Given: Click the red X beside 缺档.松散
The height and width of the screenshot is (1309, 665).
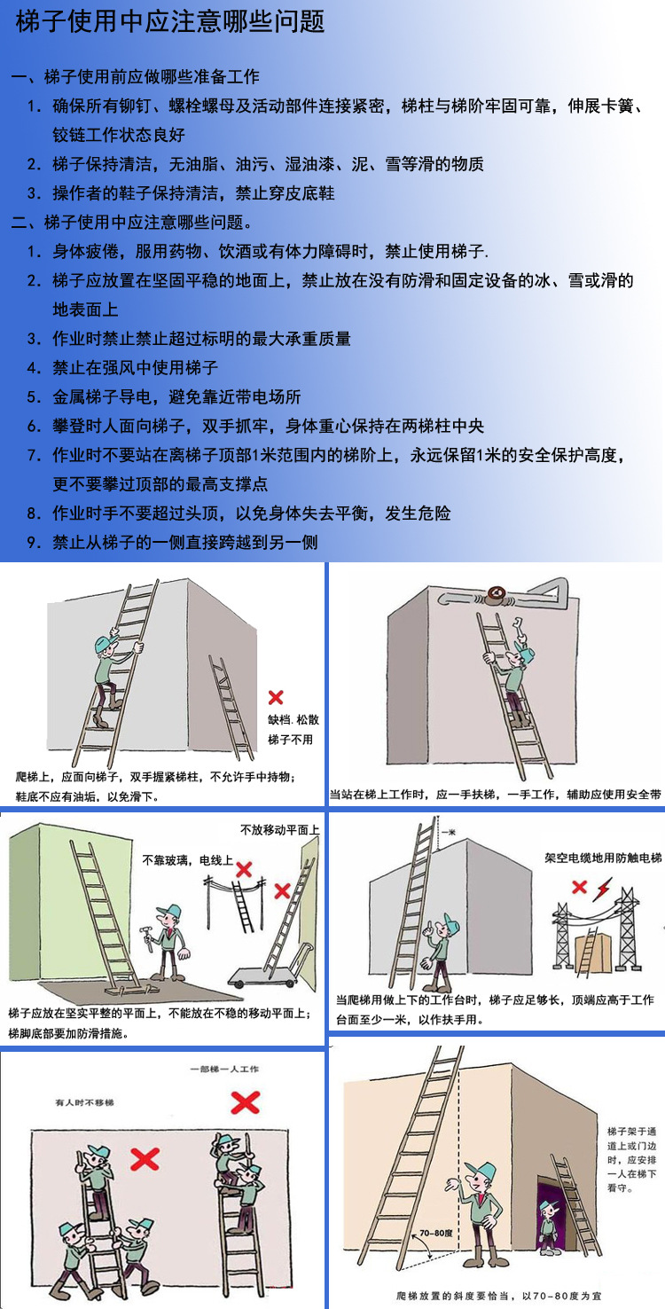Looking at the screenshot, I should click(276, 697).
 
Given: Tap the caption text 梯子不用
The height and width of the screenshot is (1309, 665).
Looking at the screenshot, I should click(291, 739).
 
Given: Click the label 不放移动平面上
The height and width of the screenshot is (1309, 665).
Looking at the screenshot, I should click(279, 830).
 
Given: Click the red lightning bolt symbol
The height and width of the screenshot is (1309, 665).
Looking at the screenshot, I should click(603, 886).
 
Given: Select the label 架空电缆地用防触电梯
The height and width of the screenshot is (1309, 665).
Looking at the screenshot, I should click(603, 858).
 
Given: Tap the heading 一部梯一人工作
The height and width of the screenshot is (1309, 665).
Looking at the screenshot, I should click(225, 1070).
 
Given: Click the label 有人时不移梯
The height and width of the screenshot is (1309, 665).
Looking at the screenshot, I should click(84, 1102).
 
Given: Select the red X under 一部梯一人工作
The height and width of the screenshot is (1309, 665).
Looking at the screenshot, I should click(245, 1102).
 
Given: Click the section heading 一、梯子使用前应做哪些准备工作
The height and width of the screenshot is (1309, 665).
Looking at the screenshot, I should click(135, 77).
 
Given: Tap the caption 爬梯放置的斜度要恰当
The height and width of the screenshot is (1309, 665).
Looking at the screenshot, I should click(498, 1295).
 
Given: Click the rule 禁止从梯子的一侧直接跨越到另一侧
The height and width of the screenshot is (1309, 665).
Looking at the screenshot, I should click(184, 541).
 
